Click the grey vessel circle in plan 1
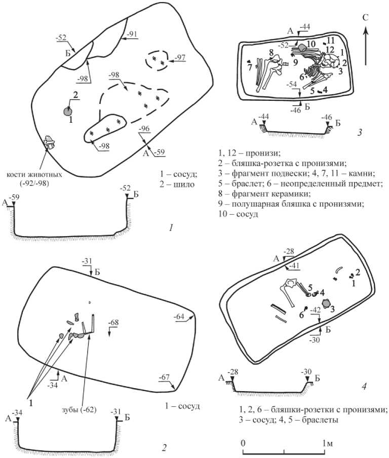click(x=68, y=111)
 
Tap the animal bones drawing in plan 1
click(x=49, y=143)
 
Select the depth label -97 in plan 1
click(x=179, y=57)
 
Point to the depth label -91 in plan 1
click(x=133, y=34)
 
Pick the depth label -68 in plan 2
click(x=113, y=323)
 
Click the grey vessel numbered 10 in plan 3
click(x=303, y=47)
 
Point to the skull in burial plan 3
click(x=333, y=62)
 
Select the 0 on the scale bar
click(x=244, y=444)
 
